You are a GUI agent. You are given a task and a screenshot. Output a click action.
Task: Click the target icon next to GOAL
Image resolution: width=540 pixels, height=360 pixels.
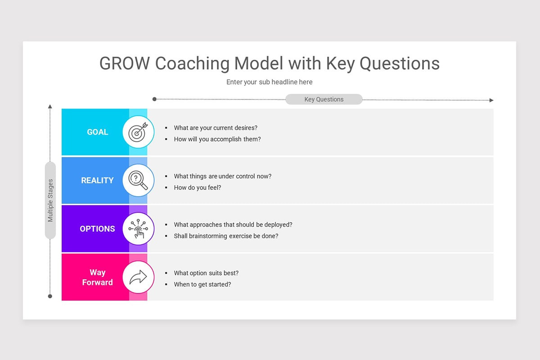point(138,132)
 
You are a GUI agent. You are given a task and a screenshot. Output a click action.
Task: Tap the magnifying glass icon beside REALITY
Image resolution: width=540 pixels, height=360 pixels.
point(138,180)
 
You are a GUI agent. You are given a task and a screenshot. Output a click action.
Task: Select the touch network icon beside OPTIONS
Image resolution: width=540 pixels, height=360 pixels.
point(138,229)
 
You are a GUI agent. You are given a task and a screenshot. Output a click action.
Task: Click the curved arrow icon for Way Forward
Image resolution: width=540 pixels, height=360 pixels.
point(138,277)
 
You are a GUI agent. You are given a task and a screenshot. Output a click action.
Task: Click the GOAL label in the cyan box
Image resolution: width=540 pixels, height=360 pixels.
point(98,132)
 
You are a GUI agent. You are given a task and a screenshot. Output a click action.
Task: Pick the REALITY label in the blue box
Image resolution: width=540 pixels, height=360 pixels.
point(97,180)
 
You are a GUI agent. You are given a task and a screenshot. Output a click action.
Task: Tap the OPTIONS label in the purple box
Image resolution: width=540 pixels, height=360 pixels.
point(97,229)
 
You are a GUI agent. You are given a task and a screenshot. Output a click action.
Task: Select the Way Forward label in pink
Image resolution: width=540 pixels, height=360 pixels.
point(97,277)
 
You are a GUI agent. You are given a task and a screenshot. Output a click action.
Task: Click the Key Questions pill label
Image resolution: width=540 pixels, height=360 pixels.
point(324,99)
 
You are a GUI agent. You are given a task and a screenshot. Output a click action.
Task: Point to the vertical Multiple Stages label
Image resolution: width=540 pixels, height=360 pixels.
point(50,200)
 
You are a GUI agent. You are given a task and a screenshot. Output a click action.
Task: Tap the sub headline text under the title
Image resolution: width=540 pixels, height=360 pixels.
point(269,82)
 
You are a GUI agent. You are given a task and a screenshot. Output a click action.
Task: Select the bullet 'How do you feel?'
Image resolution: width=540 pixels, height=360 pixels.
point(198,188)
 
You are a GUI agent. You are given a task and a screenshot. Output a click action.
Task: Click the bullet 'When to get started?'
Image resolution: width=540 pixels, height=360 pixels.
point(202,284)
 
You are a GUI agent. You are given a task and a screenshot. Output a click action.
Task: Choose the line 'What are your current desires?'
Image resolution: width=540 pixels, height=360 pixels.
point(216,128)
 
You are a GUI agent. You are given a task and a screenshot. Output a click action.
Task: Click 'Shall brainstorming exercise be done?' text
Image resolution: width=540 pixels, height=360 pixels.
point(226,236)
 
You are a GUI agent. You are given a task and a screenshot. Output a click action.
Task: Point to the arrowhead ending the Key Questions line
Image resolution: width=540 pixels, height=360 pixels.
point(491,100)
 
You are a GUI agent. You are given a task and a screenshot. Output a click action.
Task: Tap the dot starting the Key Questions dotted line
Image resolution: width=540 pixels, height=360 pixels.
point(154,99)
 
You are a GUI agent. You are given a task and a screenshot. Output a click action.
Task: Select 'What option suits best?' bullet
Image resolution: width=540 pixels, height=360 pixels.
point(206,273)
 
